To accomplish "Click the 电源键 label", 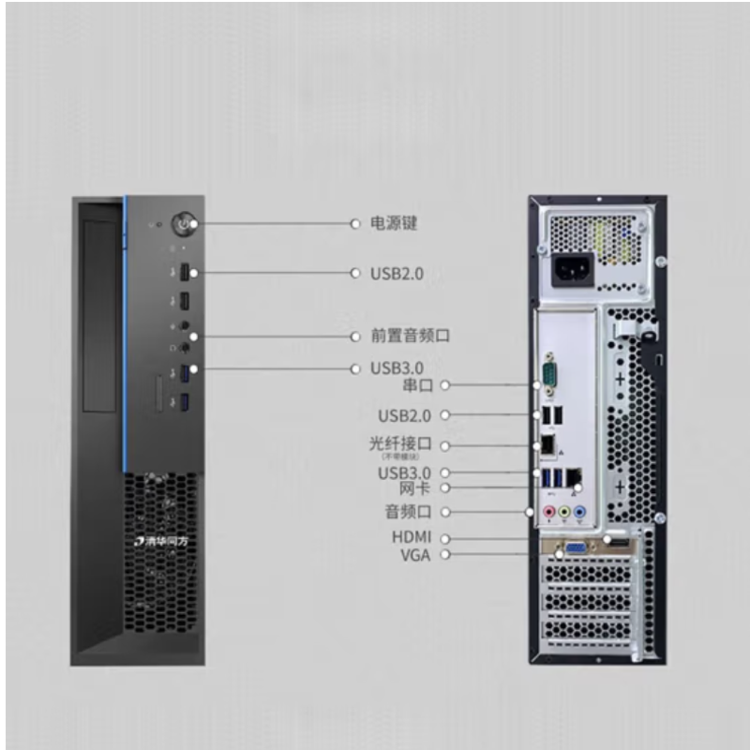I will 393,224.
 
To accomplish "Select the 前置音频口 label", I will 404,336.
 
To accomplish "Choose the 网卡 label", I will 414,488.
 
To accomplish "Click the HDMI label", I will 411,538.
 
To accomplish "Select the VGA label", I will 414,554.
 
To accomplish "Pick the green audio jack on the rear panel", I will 565,512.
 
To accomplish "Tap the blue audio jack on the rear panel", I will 579,512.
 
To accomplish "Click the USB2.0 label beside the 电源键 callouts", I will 397,274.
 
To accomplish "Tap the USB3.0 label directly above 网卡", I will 404,472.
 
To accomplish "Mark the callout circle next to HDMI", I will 445,538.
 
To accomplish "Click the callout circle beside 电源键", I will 354,224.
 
